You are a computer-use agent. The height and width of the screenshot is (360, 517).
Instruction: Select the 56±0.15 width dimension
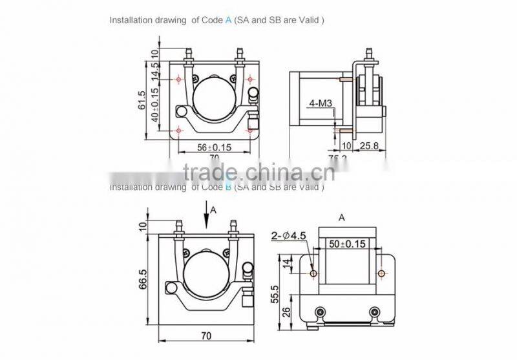coord(215,147)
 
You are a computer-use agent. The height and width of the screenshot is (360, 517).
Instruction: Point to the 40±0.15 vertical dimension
coord(154,105)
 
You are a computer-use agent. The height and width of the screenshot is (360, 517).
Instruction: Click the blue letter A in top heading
coord(228,20)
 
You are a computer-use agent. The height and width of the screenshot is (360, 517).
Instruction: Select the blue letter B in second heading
coord(228,187)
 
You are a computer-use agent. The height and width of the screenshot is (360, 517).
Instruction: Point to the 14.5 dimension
coord(154,70)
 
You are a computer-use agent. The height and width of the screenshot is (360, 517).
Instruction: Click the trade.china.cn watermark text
coord(258,173)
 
